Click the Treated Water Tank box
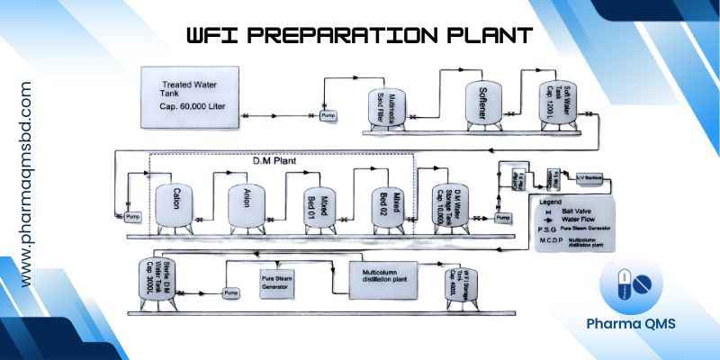click(x=188, y=90)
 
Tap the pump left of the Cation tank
click(x=132, y=217)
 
